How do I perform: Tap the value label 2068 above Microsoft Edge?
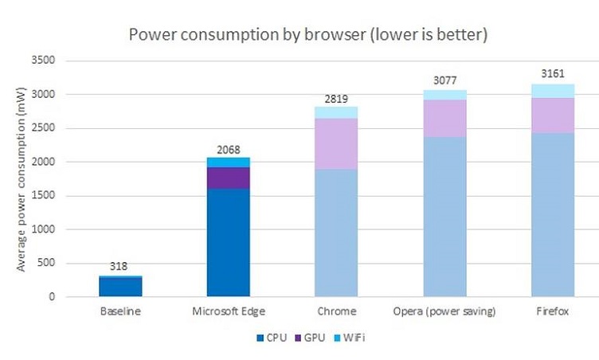click(x=229, y=149)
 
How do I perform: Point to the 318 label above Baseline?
click(x=120, y=267)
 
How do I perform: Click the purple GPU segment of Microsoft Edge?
click(x=229, y=178)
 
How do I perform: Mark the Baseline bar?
click(x=120, y=286)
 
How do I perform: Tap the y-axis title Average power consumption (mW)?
click(x=22, y=179)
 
